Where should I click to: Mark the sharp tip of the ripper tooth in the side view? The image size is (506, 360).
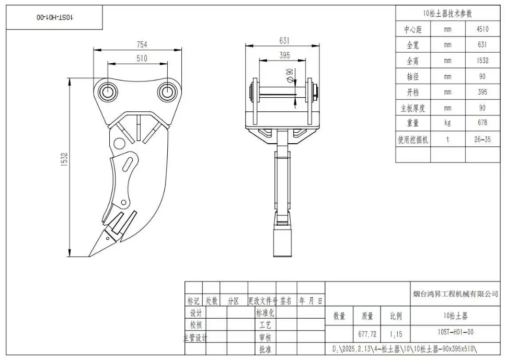coord(89,257)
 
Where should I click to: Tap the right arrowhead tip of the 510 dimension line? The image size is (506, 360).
coord(168,64)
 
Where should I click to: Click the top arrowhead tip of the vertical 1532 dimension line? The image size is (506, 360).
coord(70,78)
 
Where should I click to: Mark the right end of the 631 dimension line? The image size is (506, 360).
coord(319,45)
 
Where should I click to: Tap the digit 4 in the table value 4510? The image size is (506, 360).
coord(478,29)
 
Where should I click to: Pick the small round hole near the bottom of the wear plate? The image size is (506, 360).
coord(123,203)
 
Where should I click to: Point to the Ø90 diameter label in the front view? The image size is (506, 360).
coord(290,75)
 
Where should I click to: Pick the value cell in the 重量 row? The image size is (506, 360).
coord(483,123)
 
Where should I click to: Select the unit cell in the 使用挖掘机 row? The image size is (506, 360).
coord(447,139)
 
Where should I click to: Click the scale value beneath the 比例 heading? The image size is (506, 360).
coord(396,334)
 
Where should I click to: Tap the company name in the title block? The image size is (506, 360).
coord(456,294)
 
